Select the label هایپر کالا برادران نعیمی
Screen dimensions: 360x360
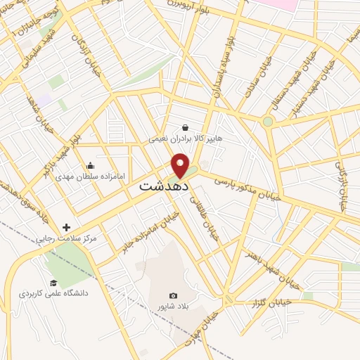[x=185, y=140]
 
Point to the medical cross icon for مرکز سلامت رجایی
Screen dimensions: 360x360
[x=67, y=227]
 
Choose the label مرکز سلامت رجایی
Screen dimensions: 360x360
[x=68, y=239]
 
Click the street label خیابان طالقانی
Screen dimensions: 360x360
[x=205, y=221]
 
